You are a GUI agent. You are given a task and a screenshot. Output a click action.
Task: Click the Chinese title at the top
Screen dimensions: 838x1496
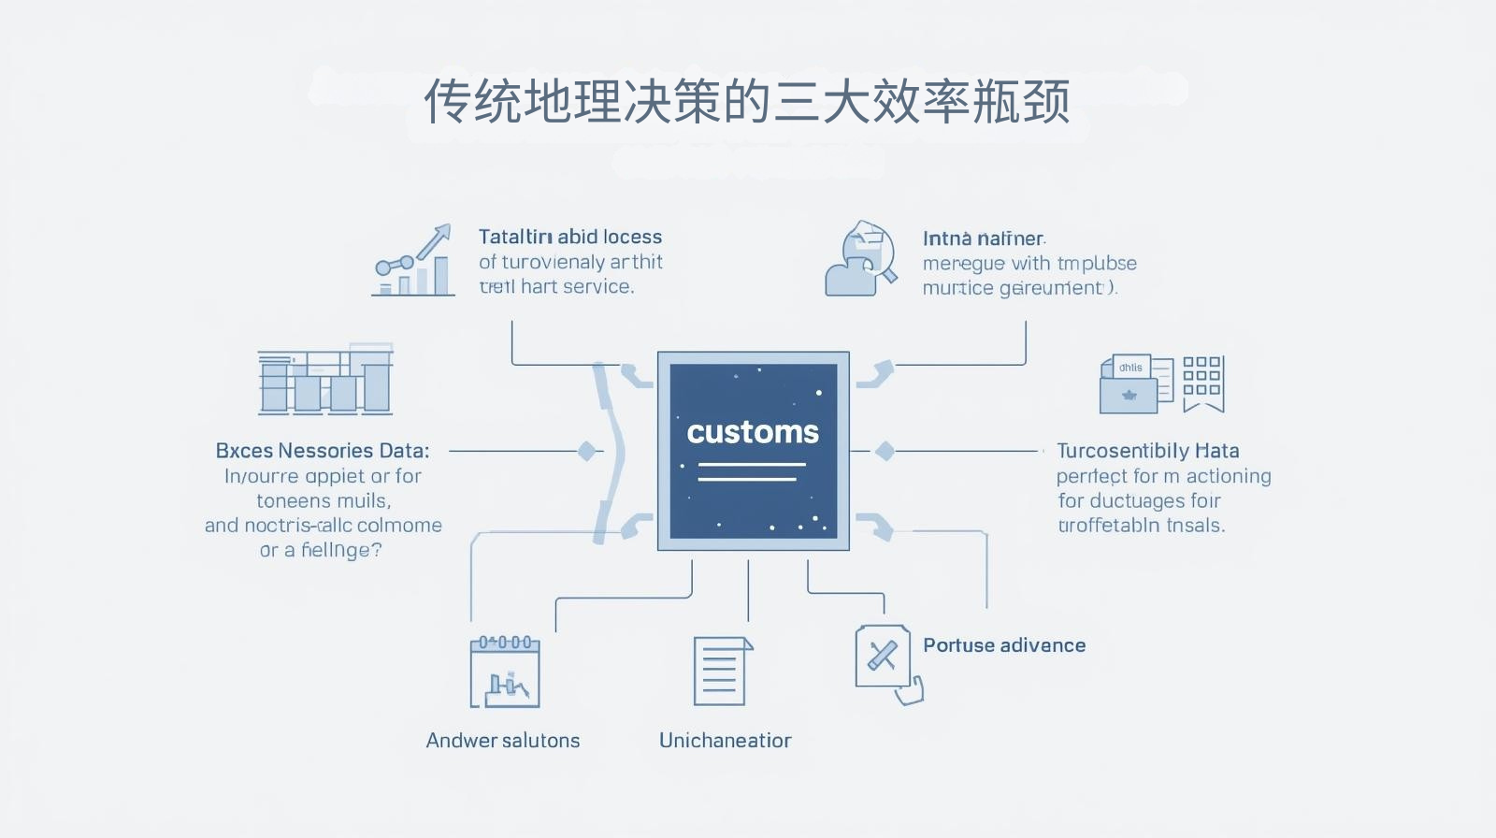pos(747,101)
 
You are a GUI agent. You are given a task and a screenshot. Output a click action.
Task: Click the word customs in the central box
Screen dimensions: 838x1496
pos(753,432)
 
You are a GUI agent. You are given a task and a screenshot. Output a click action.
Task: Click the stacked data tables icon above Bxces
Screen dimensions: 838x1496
pos(324,380)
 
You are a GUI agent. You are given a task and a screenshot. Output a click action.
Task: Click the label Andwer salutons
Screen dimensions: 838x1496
pos(503,741)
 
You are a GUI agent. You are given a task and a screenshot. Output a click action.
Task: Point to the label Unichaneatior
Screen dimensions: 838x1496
pos(725,741)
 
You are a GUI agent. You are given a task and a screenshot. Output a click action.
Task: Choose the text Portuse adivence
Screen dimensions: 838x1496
pos(1004,645)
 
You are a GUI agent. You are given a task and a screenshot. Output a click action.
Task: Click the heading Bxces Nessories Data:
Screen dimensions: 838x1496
pos(323,451)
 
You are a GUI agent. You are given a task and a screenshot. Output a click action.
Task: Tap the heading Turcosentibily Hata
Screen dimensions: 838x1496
pos(1147,451)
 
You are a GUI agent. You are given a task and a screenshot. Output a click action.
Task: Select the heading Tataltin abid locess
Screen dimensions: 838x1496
pos(570,237)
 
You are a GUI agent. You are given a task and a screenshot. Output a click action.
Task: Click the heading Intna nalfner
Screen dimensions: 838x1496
pos(984,238)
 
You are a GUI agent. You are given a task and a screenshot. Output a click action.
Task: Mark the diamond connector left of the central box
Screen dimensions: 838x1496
pos(586,451)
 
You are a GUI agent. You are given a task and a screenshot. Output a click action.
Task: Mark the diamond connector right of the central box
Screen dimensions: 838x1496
pos(885,451)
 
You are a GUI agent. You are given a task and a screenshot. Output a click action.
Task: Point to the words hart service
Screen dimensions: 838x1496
pos(577,287)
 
